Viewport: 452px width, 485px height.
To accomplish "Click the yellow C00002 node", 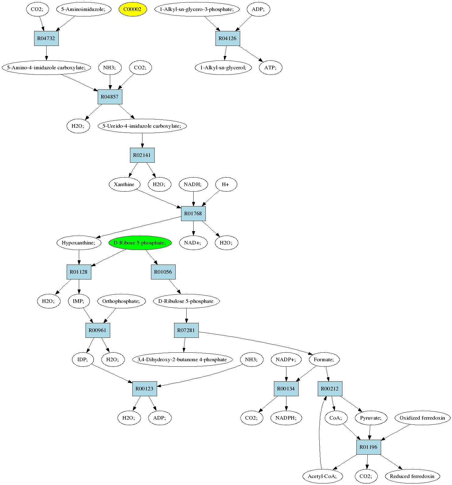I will [x=133, y=9].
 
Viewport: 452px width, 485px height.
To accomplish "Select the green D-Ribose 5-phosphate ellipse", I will [x=140, y=243].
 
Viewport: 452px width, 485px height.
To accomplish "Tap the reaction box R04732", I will [x=46, y=38].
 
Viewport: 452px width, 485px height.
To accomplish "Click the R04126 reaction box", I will [x=228, y=38].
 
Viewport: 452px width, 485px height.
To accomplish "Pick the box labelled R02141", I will [x=142, y=155].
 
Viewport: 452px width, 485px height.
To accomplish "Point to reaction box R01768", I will [x=193, y=213].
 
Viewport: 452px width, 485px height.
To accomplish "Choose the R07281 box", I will [x=186, y=330].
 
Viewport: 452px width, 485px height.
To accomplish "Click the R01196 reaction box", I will [x=369, y=447].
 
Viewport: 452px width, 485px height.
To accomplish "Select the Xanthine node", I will [x=124, y=184].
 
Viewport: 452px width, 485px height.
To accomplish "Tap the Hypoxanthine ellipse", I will [x=79, y=243].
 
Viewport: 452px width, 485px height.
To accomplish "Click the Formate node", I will [x=324, y=359].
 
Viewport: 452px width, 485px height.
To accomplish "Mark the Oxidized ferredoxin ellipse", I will [x=422, y=418].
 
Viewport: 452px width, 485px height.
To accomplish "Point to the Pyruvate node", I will [x=371, y=418].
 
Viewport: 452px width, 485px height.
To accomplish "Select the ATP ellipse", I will [x=271, y=68].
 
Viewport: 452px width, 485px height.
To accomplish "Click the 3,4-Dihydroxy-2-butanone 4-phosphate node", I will [x=182, y=359].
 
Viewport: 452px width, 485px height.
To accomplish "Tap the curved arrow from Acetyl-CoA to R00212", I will [x=319, y=432].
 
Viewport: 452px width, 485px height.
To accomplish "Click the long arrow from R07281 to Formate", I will [x=259, y=341].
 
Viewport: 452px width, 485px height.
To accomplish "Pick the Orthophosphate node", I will [x=121, y=301].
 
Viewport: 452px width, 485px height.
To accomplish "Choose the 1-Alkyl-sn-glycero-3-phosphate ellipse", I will [x=197, y=9].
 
